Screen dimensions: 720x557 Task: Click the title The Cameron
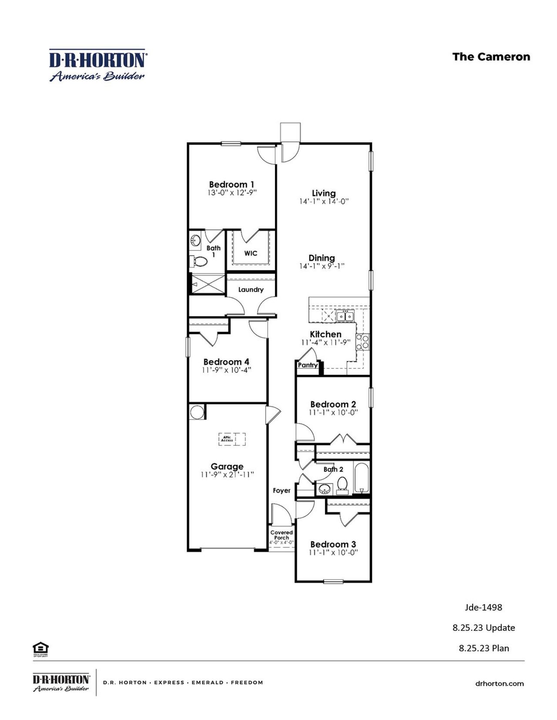pos(491,57)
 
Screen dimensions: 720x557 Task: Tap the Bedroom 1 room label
pos(232,184)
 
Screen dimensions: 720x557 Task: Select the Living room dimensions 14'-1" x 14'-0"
pos(324,202)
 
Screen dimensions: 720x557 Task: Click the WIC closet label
pos(251,253)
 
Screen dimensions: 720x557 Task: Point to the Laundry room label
pos(251,290)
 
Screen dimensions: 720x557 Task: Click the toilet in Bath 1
pos(201,261)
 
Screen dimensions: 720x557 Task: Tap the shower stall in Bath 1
pos(209,284)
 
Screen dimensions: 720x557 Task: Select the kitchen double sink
pos(345,316)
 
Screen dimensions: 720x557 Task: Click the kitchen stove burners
pos(362,342)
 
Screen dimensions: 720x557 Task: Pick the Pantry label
pos(307,365)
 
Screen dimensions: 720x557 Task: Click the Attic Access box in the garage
pos(232,439)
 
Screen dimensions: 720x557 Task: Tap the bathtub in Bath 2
pos(362,478)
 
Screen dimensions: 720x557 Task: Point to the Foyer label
pos(282,490)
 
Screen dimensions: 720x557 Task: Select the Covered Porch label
pos(282,535)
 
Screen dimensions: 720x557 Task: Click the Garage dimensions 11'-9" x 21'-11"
pos(227,475)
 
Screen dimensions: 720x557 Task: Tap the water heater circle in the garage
pos(196,412)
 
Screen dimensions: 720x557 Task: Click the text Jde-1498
pos(483,607)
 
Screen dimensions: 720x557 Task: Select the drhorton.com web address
pos(499,683)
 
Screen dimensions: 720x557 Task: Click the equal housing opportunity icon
pos(40,648)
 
